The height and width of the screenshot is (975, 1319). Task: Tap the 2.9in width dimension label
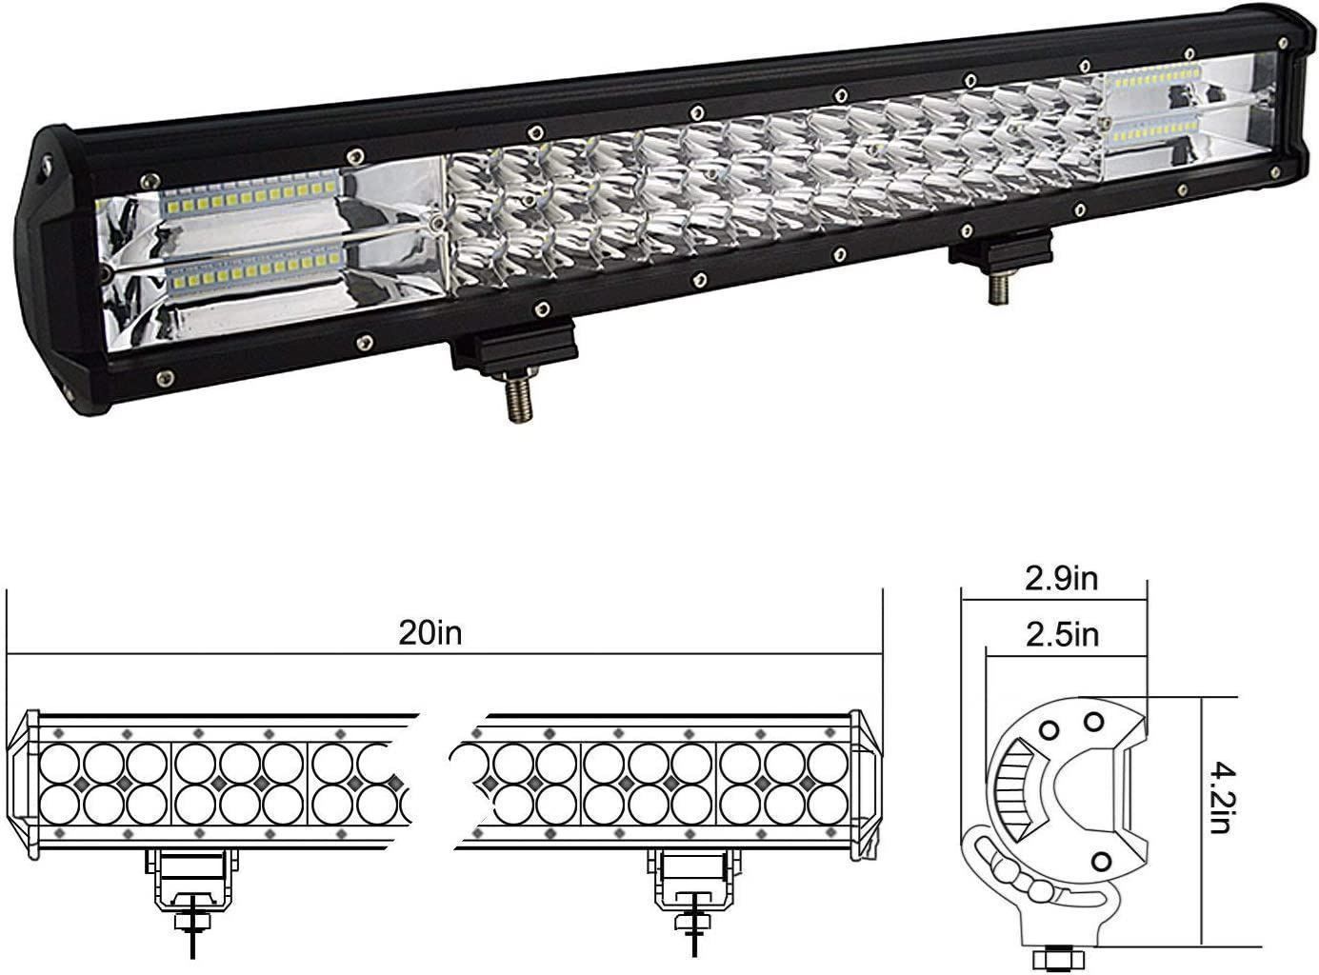point(1062,579)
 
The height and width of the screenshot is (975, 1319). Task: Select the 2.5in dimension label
point(1062,634)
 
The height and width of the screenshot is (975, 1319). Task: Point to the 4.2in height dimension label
point(1223,799)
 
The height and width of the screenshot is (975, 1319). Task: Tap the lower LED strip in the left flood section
point(256,270)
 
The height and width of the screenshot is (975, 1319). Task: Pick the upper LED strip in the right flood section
point(1155,78)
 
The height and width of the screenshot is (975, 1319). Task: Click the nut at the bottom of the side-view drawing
point(1059,959)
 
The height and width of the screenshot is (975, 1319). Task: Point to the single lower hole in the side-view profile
point(1101,862)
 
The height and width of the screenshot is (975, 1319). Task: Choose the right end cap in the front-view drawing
point(866,785)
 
